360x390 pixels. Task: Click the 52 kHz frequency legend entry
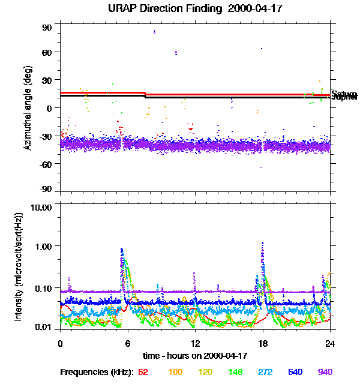[x=143, y=372]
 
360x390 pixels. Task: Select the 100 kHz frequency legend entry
[x=175, y=372]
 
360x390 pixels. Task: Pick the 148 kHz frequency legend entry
[x=235, y=372]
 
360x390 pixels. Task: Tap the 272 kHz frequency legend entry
[x=265, y=372]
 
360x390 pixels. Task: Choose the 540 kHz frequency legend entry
[x=295, y=372]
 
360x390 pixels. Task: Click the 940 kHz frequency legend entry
[x=325, y=372]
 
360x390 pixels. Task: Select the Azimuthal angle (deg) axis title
[x=28, y=108]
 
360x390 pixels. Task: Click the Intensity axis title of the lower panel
[x=19, y=267]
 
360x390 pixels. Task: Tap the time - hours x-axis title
[x=195, y=356]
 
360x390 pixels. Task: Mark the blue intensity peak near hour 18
[x=263, y=243]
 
